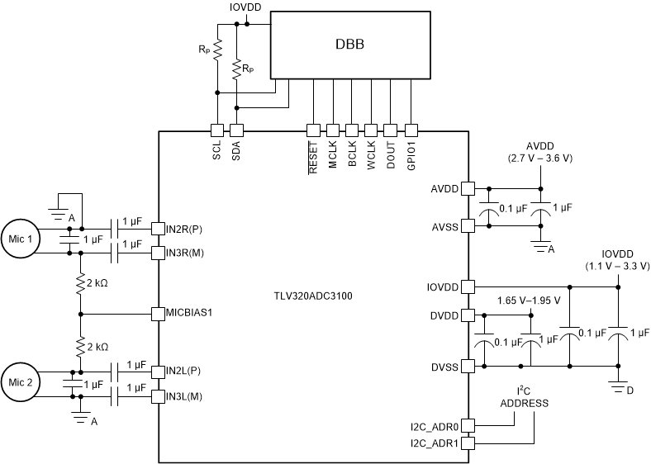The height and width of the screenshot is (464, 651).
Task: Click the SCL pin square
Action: point(216,130)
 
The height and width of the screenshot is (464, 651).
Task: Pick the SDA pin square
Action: point(236,130)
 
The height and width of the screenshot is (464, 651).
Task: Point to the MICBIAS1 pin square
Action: point(159,314)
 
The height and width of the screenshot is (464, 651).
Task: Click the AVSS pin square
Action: point(467,225)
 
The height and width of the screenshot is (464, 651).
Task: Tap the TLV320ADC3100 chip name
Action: point(313,295)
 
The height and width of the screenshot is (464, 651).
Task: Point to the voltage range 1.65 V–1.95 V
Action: point(529,301)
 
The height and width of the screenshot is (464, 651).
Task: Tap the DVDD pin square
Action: point(467,315)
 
